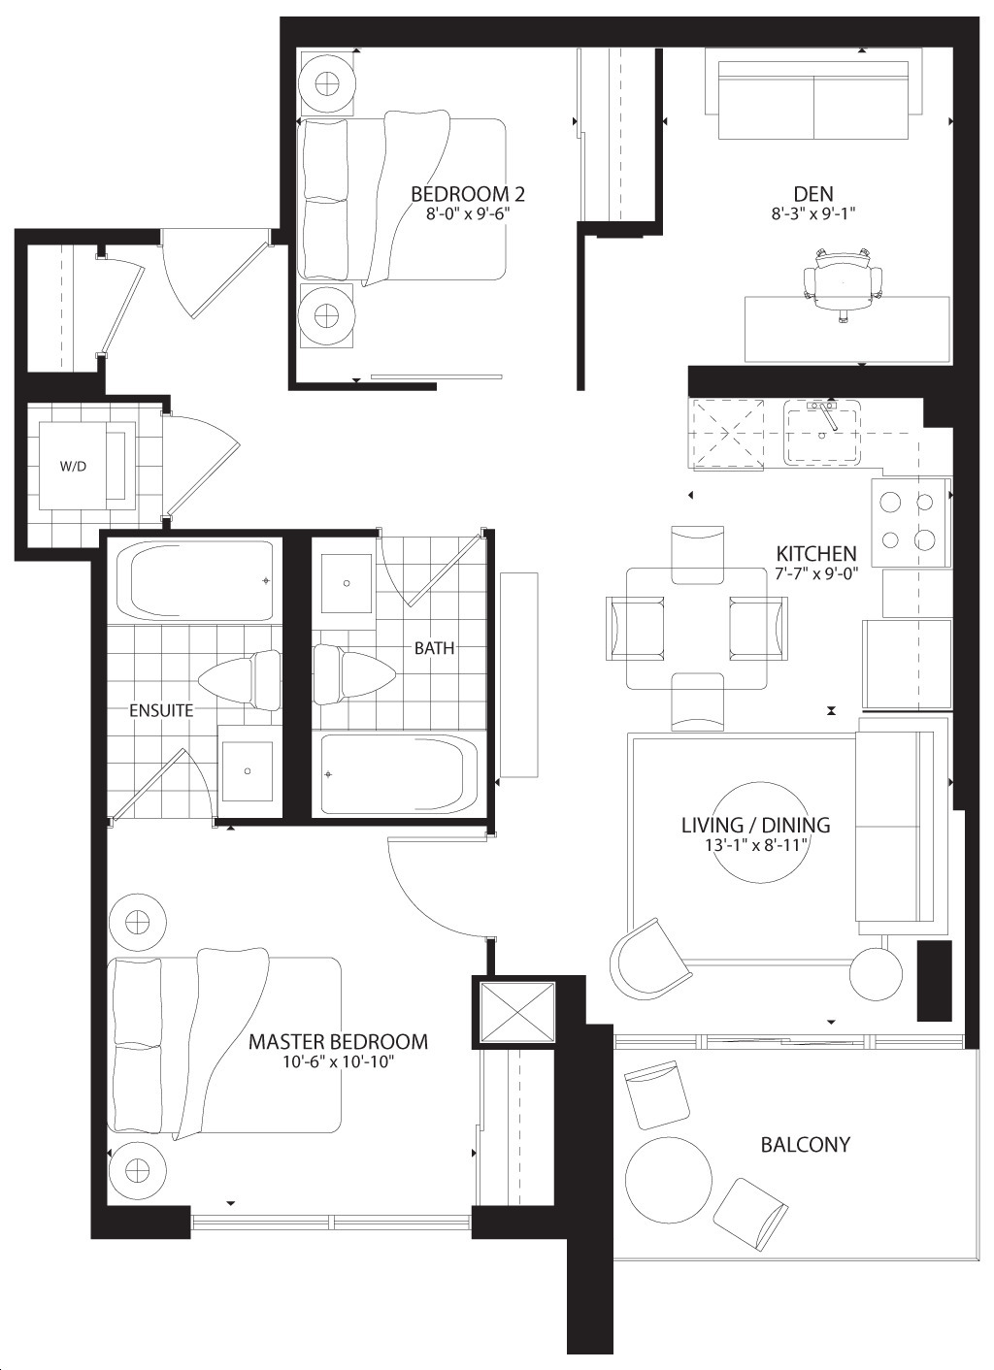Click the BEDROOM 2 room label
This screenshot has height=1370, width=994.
pyautogui.click(x=468, y=194)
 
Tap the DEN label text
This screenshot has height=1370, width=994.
pyautogui.click(x=813, y=194)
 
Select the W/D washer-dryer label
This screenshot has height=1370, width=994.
pyautogui.click(x=73, y=466)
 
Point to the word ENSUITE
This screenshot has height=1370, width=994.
pyautogui.click(x=161, y=710)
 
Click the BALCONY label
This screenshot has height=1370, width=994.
pyautogui.click(x=805, y=1144)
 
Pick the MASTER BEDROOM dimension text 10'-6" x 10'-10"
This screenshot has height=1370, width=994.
pyautogui.click(x=337, y=1061)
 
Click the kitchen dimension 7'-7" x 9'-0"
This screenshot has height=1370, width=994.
pyautogui.click(x=815, y=573)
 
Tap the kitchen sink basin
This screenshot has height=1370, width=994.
pyautogui.click(x=822, y=433)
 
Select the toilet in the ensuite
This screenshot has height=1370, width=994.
pyautogui.click(x=240, y=680)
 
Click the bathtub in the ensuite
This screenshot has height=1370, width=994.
pyautogui.click(x=195, y=580)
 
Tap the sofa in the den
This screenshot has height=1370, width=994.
pyautogui.click(x=813, y=94)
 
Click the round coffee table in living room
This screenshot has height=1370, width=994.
pyautogui.click(x=757, y=832)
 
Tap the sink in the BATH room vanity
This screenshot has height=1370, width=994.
pyautogui.click(x=347, y=583)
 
